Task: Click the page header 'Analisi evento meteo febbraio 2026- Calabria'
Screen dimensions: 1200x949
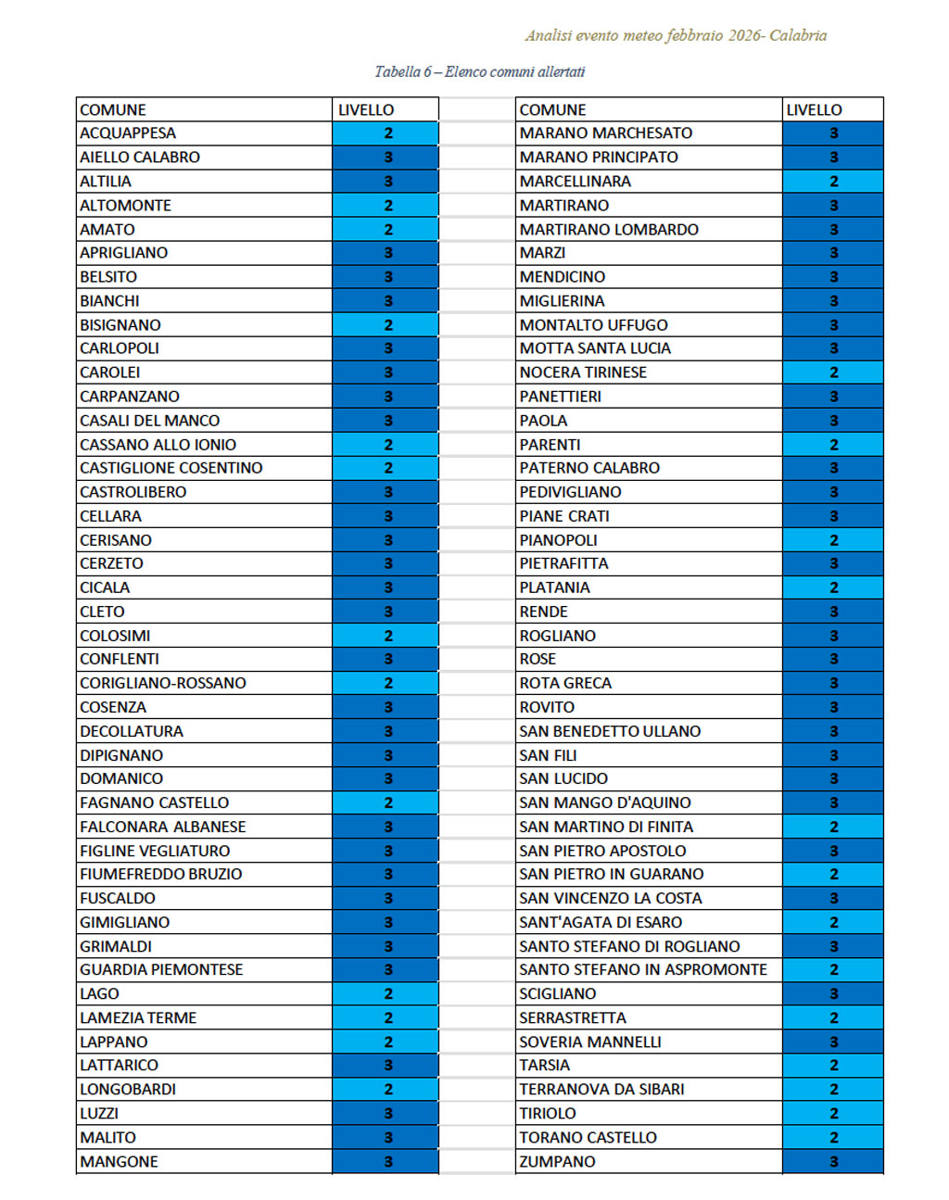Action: coord(676,36)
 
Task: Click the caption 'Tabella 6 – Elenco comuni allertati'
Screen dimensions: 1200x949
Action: coord(479,72)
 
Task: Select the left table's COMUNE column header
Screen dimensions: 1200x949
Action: coord(113,109)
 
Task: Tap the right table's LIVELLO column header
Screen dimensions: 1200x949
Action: coord(814,109)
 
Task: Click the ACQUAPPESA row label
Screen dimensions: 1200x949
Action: coord(128,133)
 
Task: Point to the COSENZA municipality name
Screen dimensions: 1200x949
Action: coord(113,707)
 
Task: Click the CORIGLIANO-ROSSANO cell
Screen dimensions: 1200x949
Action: coord(163,683)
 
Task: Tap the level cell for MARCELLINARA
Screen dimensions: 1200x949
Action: coord(833,182)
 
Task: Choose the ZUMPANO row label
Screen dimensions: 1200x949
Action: coord(557,1161)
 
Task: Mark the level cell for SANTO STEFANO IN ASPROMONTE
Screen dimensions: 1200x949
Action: coord(833,969)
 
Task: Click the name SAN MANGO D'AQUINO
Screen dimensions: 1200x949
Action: coord(605,802)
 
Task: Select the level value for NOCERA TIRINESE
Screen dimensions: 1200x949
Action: coord(833,373)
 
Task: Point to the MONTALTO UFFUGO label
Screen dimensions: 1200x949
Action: coord(593,325)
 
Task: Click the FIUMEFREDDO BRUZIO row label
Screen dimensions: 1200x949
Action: coord(161,874)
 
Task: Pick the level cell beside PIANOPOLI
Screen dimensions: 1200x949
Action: coord(833,540)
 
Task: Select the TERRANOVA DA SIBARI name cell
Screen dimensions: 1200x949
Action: coord(601,1089)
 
